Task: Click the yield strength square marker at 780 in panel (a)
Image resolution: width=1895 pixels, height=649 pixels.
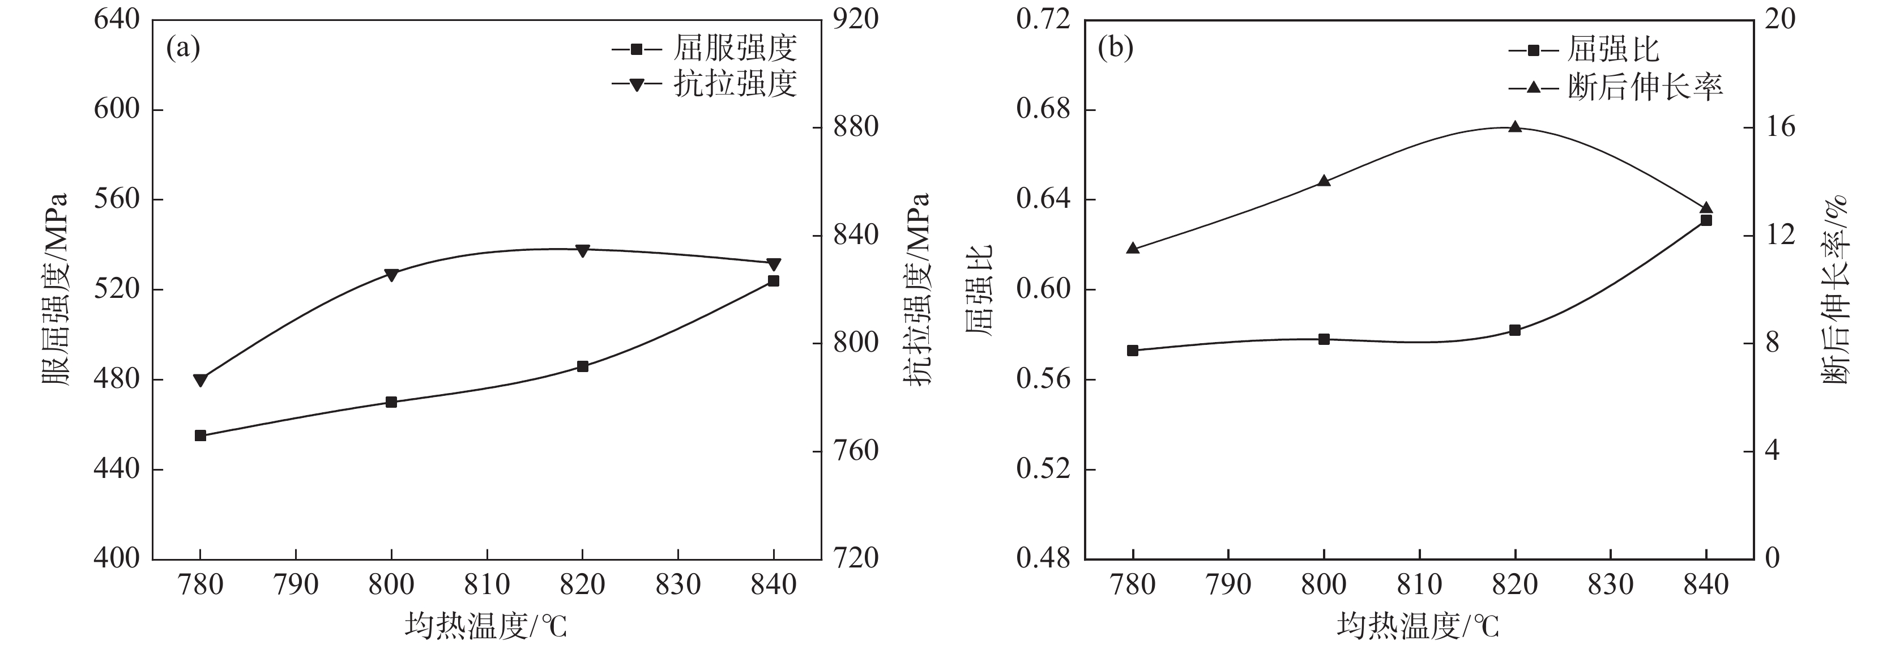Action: coord(200,435)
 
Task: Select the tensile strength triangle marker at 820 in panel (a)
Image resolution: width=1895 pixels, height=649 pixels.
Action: coord(583,251)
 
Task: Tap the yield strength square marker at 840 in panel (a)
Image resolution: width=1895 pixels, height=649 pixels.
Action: coord(773,281)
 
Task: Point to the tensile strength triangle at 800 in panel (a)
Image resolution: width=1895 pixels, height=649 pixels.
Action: coord(391,275)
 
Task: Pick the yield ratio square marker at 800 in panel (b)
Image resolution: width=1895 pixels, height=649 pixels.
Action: coord(1324,339)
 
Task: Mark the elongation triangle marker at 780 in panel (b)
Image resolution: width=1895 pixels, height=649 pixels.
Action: coord(1133,249)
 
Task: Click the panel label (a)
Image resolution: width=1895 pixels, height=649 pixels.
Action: coord(183,49)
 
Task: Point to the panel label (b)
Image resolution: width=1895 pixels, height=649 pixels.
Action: coord(1115,49)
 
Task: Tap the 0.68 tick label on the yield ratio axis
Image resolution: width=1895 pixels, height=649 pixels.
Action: coord(1042,110)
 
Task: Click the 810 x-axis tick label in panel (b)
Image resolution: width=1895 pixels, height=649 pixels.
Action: coord(1419,585)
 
